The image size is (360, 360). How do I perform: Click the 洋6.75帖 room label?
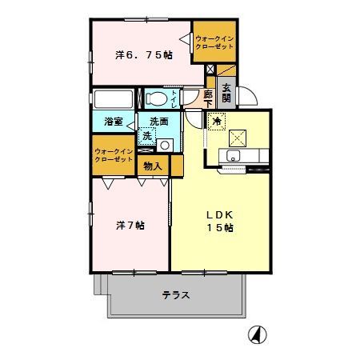point(144,55)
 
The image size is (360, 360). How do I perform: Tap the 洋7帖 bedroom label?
point(130,226)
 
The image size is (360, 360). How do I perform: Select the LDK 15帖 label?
point(220,221)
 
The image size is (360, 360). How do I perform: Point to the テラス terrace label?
point(176,295)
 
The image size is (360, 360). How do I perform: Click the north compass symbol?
point(258,334)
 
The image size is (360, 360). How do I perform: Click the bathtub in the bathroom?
point(114,99)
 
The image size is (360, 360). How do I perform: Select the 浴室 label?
point(114,122)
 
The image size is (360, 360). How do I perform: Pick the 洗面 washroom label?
point(159,122)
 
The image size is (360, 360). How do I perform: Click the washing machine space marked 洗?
point(147,136)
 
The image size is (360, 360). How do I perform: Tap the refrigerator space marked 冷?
point(217,122)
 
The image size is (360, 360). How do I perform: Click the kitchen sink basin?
point(233,155)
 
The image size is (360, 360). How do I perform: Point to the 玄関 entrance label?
point(226,94)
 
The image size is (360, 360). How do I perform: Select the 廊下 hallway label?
point(208,98)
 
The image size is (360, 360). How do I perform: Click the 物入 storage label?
point(153,166)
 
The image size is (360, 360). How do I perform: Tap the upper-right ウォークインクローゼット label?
point(214,42)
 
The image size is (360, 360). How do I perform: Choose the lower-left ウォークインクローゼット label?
point(114,155)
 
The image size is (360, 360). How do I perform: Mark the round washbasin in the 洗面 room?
point(165,146)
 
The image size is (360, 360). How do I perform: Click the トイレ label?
point(174,99)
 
